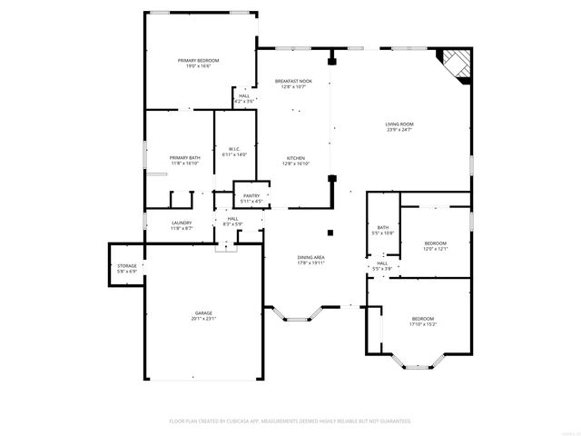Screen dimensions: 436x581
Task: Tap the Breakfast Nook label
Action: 293,82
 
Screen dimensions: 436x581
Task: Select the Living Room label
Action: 399,124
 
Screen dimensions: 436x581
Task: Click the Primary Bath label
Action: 183,158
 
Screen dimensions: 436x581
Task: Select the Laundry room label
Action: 182,223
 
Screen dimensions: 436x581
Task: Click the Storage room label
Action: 126,266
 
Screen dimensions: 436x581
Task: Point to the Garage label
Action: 202,313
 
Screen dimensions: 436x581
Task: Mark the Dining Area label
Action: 311,258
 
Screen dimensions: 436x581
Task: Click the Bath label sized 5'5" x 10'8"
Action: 383,227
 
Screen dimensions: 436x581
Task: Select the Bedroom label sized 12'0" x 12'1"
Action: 436,243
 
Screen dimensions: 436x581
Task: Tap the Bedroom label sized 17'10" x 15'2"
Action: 424,318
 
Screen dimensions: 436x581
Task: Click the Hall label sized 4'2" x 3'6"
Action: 244,95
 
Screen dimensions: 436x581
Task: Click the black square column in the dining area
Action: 332,232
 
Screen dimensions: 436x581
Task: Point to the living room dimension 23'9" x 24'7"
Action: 399,129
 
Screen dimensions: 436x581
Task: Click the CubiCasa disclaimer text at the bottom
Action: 290,421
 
